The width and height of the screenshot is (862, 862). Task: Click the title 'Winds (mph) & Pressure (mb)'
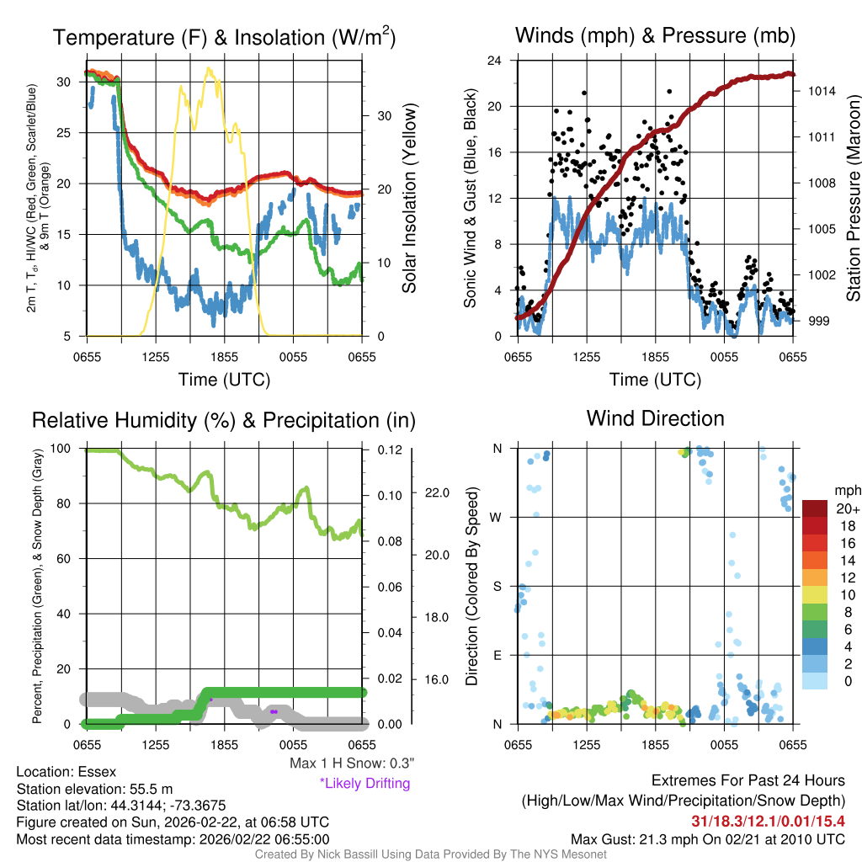(x=655, y=36)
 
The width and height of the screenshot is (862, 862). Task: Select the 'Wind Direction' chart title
(x=655, y=418)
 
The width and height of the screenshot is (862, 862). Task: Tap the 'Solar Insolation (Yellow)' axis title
(x=410, y=199)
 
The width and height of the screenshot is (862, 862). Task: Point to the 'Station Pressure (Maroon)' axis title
(x=853, y=199)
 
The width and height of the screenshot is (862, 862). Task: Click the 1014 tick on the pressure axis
(x=820, y=91)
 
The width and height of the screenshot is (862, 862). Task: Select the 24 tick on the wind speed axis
(x=495, y=61)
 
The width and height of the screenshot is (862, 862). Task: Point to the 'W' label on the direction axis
(x=497, y=517)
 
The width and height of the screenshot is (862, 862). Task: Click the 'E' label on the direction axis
(x=497, y=655)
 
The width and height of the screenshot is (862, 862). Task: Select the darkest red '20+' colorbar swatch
(x=816, y=508)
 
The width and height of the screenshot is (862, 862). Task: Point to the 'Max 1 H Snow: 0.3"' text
(x=351, y=764)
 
